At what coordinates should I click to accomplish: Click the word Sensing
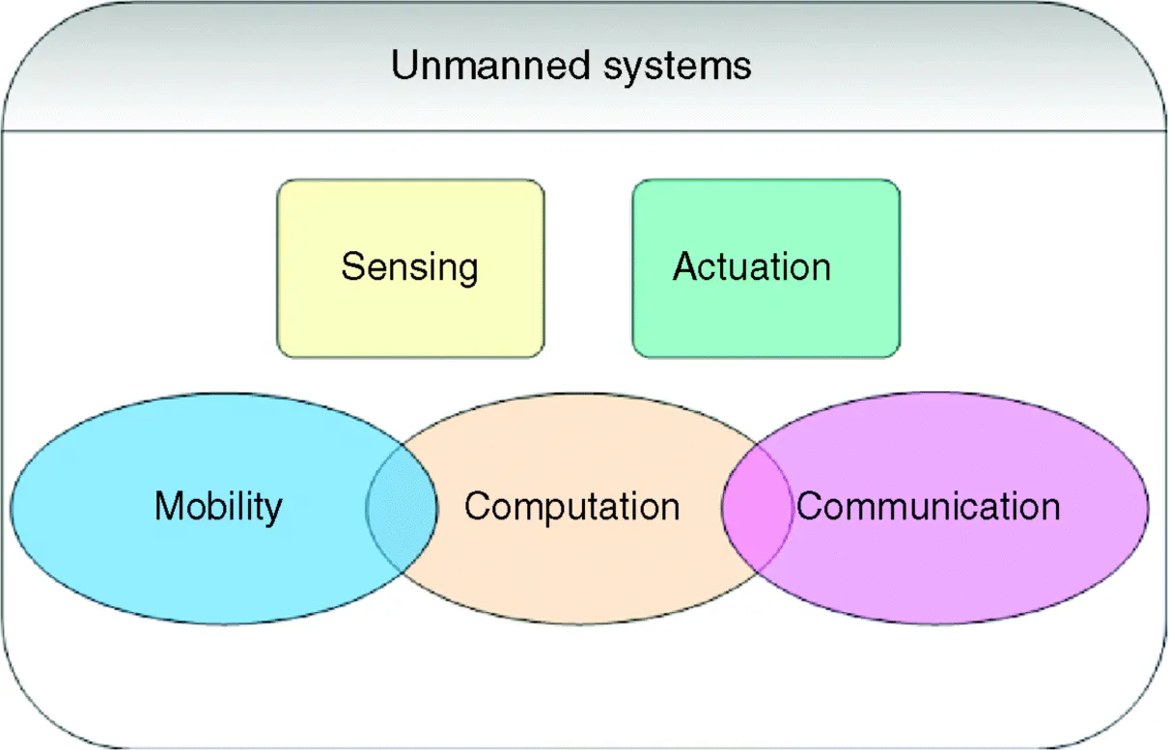[409, 267]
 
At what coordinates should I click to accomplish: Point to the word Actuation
[752, 266]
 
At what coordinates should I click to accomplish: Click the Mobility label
[218, 506]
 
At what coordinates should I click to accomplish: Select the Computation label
[571, 506]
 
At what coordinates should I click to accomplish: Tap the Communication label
[928, 506]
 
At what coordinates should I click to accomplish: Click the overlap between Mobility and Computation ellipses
[402, 508]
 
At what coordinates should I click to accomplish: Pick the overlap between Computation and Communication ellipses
[756, 508]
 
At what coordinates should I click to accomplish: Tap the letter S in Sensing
[351, 266]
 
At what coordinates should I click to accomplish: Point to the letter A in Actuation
[684, 266]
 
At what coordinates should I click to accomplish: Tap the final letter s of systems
[743, 68]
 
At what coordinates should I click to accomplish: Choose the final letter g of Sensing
[467, 271]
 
